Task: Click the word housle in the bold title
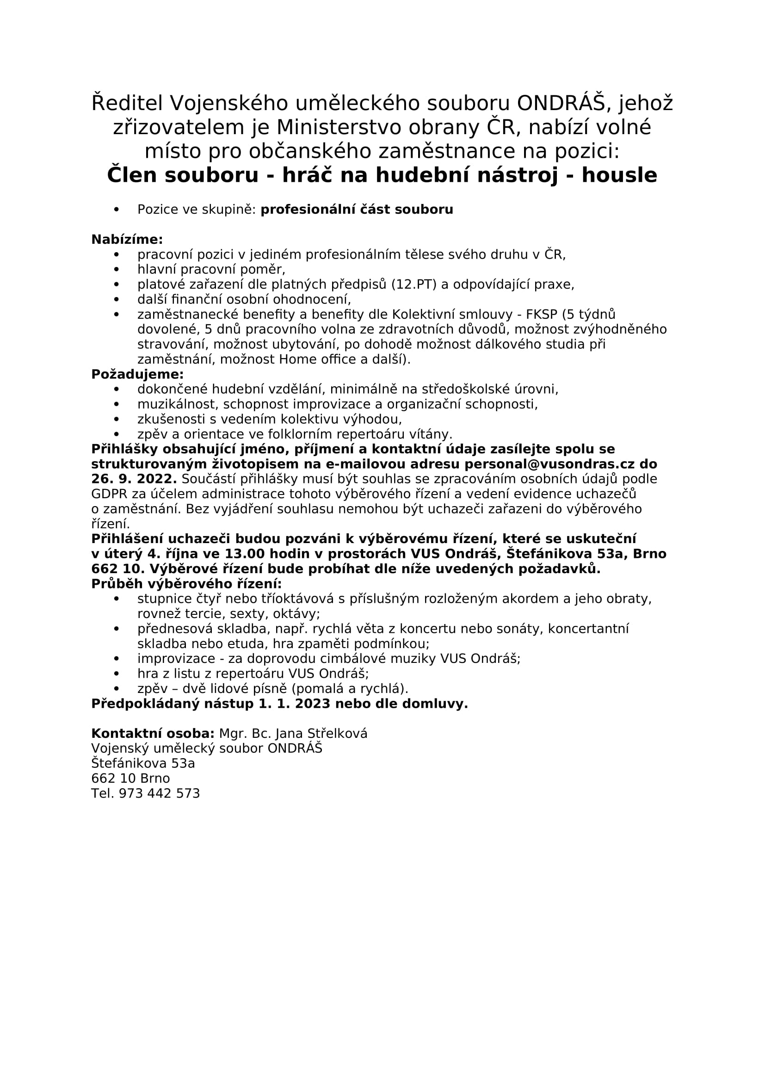point(619,175)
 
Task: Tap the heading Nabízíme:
point(127,240)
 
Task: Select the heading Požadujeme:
point(137,374)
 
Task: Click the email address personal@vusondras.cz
point(550,464)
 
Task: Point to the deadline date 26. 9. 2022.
point(134,479)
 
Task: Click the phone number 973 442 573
point(159,793)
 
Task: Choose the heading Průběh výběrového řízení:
point(186,584)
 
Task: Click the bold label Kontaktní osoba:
point(153,733)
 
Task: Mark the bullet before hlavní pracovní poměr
point(117,270)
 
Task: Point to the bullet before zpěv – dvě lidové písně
point(117,688)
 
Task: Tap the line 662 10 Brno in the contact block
point(130,778)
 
